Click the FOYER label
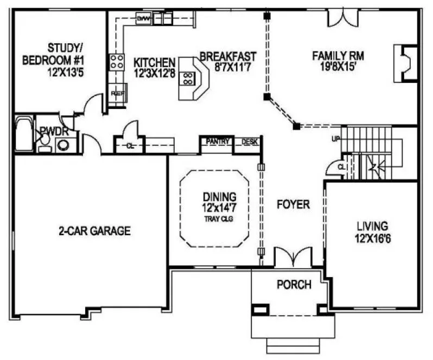click(x=293, y=205)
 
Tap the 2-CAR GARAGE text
click(x=95, y=231)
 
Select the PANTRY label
click(x=218, y=142)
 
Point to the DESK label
click(x=249, y=142)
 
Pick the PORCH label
click(x=294, y=285)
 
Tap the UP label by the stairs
click(x=336, y=139)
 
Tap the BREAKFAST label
click(x=228, y=56)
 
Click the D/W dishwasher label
click(x=143, y=19)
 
